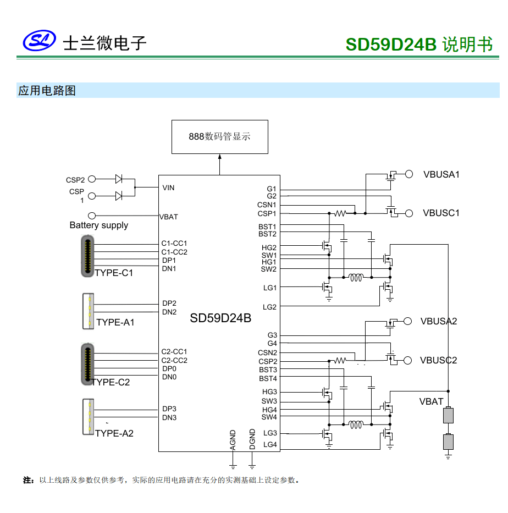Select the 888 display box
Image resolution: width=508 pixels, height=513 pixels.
pyautogui.click(x=219, y=136)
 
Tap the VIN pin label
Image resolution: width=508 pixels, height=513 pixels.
pyautogui.click(x=168, y=187)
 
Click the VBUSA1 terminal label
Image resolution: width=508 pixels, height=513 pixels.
pyautogui.click(x=441, y=174)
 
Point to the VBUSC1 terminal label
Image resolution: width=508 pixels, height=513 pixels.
pyautogui.click(x=441, y=213)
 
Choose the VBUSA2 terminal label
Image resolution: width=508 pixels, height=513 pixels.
pyautogui.click(x=438, y=321)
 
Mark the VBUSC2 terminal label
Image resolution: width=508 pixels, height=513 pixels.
pyautogui.click(x=438, y=360)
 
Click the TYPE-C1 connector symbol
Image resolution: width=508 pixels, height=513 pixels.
pyautogui.click(x=87, y=256)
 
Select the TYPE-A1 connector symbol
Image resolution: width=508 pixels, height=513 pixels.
pyautogui.click(x=87, y=311)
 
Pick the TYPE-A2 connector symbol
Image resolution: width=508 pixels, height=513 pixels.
pyautogui.click(x=87, y=417)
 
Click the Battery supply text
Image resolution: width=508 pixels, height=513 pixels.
pyautogui.click(x=98, y=225)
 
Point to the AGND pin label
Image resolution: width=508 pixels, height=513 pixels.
pyautogui.click(x=233, y=440)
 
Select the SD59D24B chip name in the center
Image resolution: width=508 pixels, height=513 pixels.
pyautogui.click(x=220, y=318)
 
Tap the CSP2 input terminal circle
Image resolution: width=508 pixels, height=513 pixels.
pyautogui.click(x=92, y=179)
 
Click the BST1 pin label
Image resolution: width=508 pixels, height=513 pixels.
pyautogui.click(x=268, y=227)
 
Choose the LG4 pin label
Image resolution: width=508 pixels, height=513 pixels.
pyautogui.click(x=270, y=444)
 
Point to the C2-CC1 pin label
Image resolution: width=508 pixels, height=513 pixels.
pyautogui.click(x=174, y=351)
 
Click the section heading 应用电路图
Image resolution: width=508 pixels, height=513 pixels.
pyautogui.click(x=47, y=91)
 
